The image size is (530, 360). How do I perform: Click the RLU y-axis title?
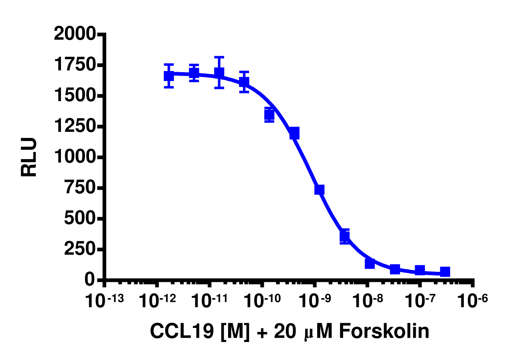(29, 157)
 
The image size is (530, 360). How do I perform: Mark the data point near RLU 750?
(319, 190)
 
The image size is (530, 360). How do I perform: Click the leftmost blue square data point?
(169, 75)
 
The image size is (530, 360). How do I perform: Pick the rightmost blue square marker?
(445, 272)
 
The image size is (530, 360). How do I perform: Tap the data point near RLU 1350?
(269, 115)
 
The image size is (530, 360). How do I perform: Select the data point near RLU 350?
(344, 236)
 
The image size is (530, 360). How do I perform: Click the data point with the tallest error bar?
(219, 73)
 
